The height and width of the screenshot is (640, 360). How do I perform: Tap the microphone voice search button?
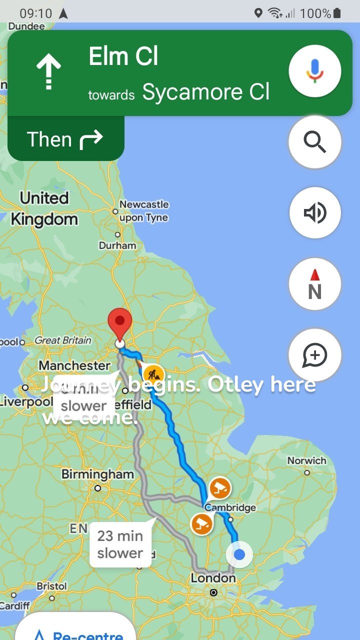pyautogui.click(x=315, y=71)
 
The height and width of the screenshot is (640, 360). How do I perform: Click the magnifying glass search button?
pyautogui.click(x=315, y=142)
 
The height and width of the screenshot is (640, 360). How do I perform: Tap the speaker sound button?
pyautogui.click(x=315, y=213)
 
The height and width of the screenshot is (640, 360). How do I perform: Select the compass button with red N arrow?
pyautogui.click(x=315, y=284)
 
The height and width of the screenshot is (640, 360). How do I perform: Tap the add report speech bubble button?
pyautogui.click(x=315, y=355)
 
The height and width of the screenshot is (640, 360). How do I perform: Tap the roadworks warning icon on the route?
pyautogui.click(x=153, y=373)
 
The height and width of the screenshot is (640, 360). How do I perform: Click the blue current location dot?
pyautogui.click(x=239, y=554)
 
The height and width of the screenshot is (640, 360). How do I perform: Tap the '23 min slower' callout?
pyautogui.click(x=120, y=544)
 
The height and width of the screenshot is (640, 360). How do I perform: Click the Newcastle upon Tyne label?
pyautogui.click(x=143, y=211)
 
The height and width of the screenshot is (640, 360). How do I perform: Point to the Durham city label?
pyautogui.click(x=117, y=245)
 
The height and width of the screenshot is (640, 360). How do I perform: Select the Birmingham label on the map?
pyautogui.click(x=97, y=474)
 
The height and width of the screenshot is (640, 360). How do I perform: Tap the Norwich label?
pyautogui.click(x=306, y=460)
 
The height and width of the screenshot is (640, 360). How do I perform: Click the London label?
pyautogui.click(x=213, y=578)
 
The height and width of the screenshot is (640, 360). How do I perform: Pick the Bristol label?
pyautogui.click(x=51, y=586)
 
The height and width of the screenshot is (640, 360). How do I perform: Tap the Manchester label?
pyautogui.click(x=74, y=365)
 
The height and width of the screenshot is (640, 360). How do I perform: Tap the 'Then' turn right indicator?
pyautogui.click(x=65, y=139)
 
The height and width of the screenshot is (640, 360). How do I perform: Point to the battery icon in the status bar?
pyautogui.click(x=337, y=13)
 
